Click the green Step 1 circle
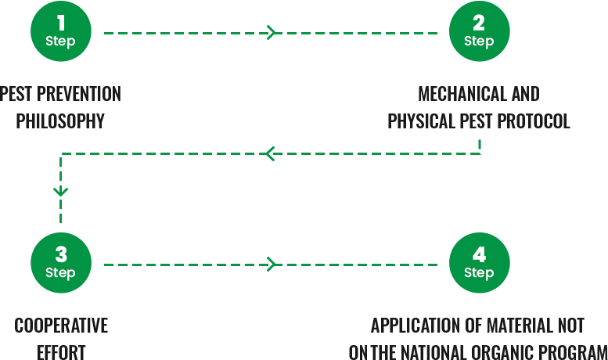click(60, 32)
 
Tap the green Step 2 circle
click(479, 32)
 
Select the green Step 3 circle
click(60, 265)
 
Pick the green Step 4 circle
click(479, 265)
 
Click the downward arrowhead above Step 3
click(61, 191)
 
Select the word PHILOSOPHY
click(60, 121)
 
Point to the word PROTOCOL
click(536, 121)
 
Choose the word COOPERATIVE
click(60, 326)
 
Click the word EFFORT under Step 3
click(60, 352)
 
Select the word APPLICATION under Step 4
click(407, 326)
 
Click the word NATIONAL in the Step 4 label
click(429, 352)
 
